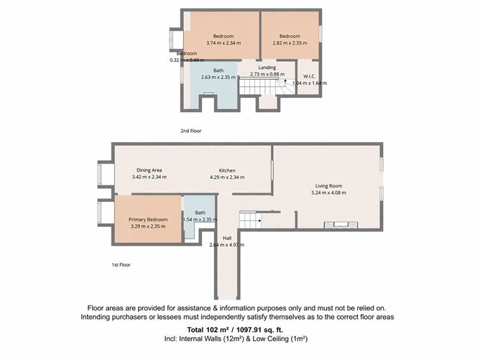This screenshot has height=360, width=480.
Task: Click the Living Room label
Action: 328,186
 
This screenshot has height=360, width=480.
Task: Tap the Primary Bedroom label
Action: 148,219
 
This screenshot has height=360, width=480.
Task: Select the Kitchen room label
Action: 227,170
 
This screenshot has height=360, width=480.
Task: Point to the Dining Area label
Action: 149,170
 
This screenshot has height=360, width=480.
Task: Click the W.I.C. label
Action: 309,77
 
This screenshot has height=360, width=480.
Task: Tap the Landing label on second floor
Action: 267,68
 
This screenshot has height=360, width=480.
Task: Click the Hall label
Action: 227,238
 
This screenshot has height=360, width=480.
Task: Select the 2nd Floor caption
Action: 190,131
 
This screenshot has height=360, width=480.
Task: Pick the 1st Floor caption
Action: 121,265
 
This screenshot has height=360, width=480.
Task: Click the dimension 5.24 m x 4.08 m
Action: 328,193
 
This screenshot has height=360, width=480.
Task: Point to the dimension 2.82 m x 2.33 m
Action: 290,43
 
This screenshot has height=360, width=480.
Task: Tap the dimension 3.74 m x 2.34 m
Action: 223,43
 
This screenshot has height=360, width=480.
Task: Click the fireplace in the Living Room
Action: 341,225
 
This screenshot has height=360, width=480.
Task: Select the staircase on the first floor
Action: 250,219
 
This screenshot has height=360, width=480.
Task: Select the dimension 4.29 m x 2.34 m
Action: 227,177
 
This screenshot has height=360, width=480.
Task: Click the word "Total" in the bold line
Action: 195,330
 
